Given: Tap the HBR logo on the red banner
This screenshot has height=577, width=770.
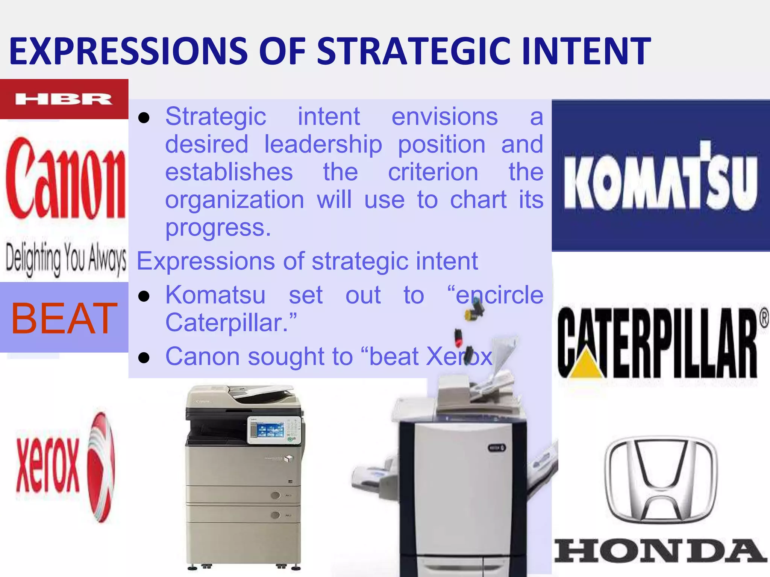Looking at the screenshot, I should [x=64, y=99].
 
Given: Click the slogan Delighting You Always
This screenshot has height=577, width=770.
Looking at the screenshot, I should [x=66, y=259].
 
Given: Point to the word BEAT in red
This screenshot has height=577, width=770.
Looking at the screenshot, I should [x=64, y=319].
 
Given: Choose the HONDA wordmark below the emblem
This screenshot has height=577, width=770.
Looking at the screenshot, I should [x=661, y=551].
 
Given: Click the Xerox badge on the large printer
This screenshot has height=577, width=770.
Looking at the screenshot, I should [x=497, y=448].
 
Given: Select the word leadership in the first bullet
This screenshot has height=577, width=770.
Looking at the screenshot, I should [x=323, y=144].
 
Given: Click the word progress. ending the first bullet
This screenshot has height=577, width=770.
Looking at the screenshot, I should [x=218, y=228].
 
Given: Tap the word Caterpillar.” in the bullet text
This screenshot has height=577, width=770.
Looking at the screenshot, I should [x=231, y=323].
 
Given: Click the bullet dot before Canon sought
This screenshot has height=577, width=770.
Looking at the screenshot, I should [x=144, y=358].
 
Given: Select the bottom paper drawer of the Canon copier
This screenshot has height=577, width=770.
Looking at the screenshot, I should [x=244, y=541].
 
